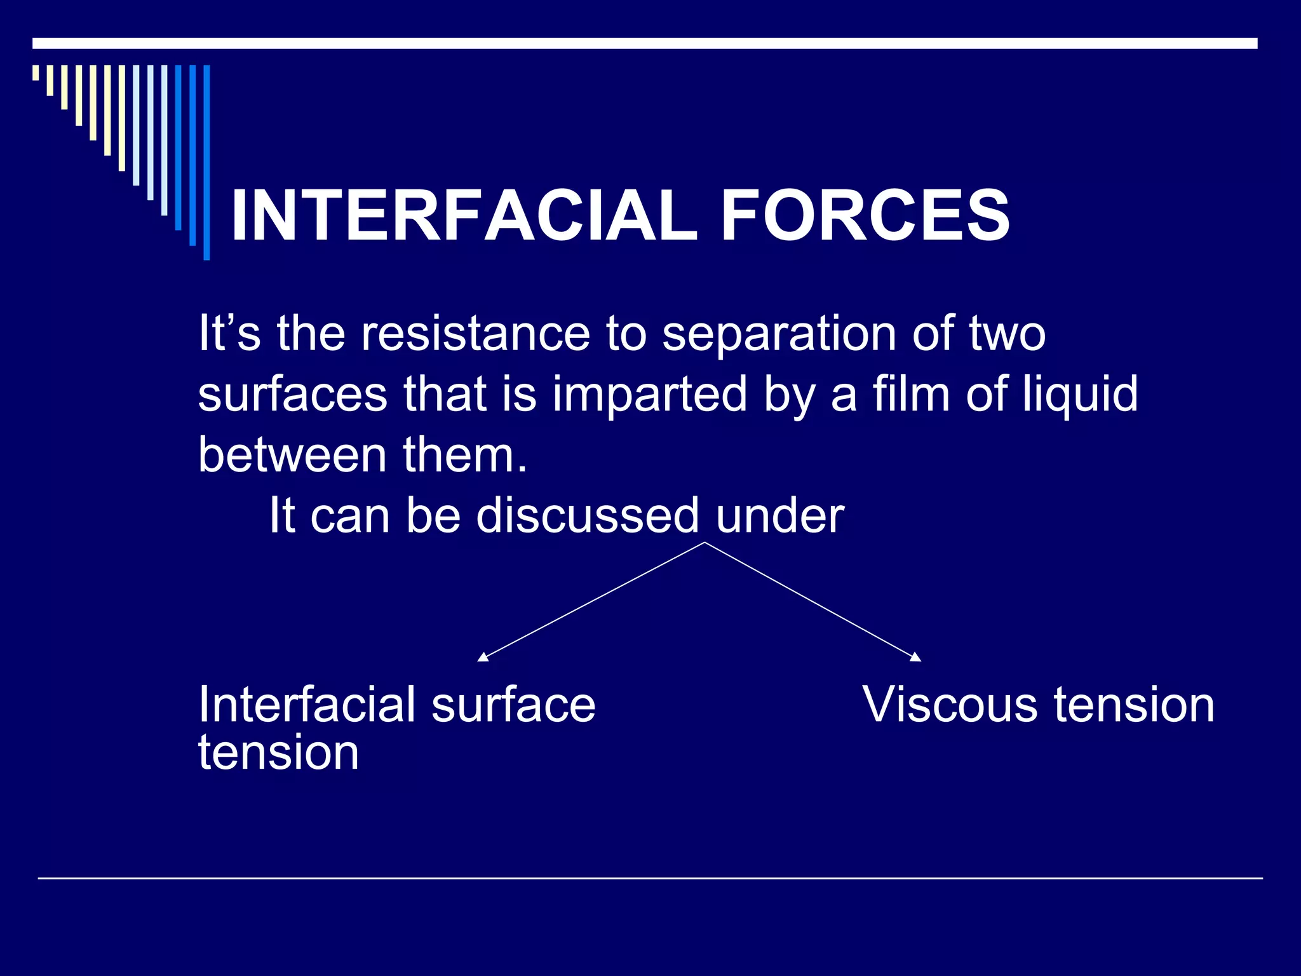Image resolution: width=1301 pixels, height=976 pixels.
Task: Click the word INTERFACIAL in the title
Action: click(x=464, y=216)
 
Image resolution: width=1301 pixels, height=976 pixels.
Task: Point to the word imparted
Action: click(x=649, y=394)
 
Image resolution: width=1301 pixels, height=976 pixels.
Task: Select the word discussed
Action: click(x=588, y=515)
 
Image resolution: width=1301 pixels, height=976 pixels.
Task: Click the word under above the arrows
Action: click(x=779, y=516)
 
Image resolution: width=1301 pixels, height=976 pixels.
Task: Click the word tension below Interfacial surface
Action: click(x=278, y=752)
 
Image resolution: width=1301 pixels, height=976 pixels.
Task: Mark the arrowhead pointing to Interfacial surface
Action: click(x=482, y=658)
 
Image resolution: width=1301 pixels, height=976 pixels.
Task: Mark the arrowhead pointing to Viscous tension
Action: click(x=916, y=658)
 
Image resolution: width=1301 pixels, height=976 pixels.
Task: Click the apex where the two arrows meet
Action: click(x=704, y=543)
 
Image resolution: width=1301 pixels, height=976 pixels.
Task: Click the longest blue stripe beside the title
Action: click(x=206, y=162)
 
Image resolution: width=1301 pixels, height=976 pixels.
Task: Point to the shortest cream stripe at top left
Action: click(x=36, y=72)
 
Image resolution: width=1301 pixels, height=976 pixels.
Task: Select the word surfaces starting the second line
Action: click(x=292, y=394)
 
